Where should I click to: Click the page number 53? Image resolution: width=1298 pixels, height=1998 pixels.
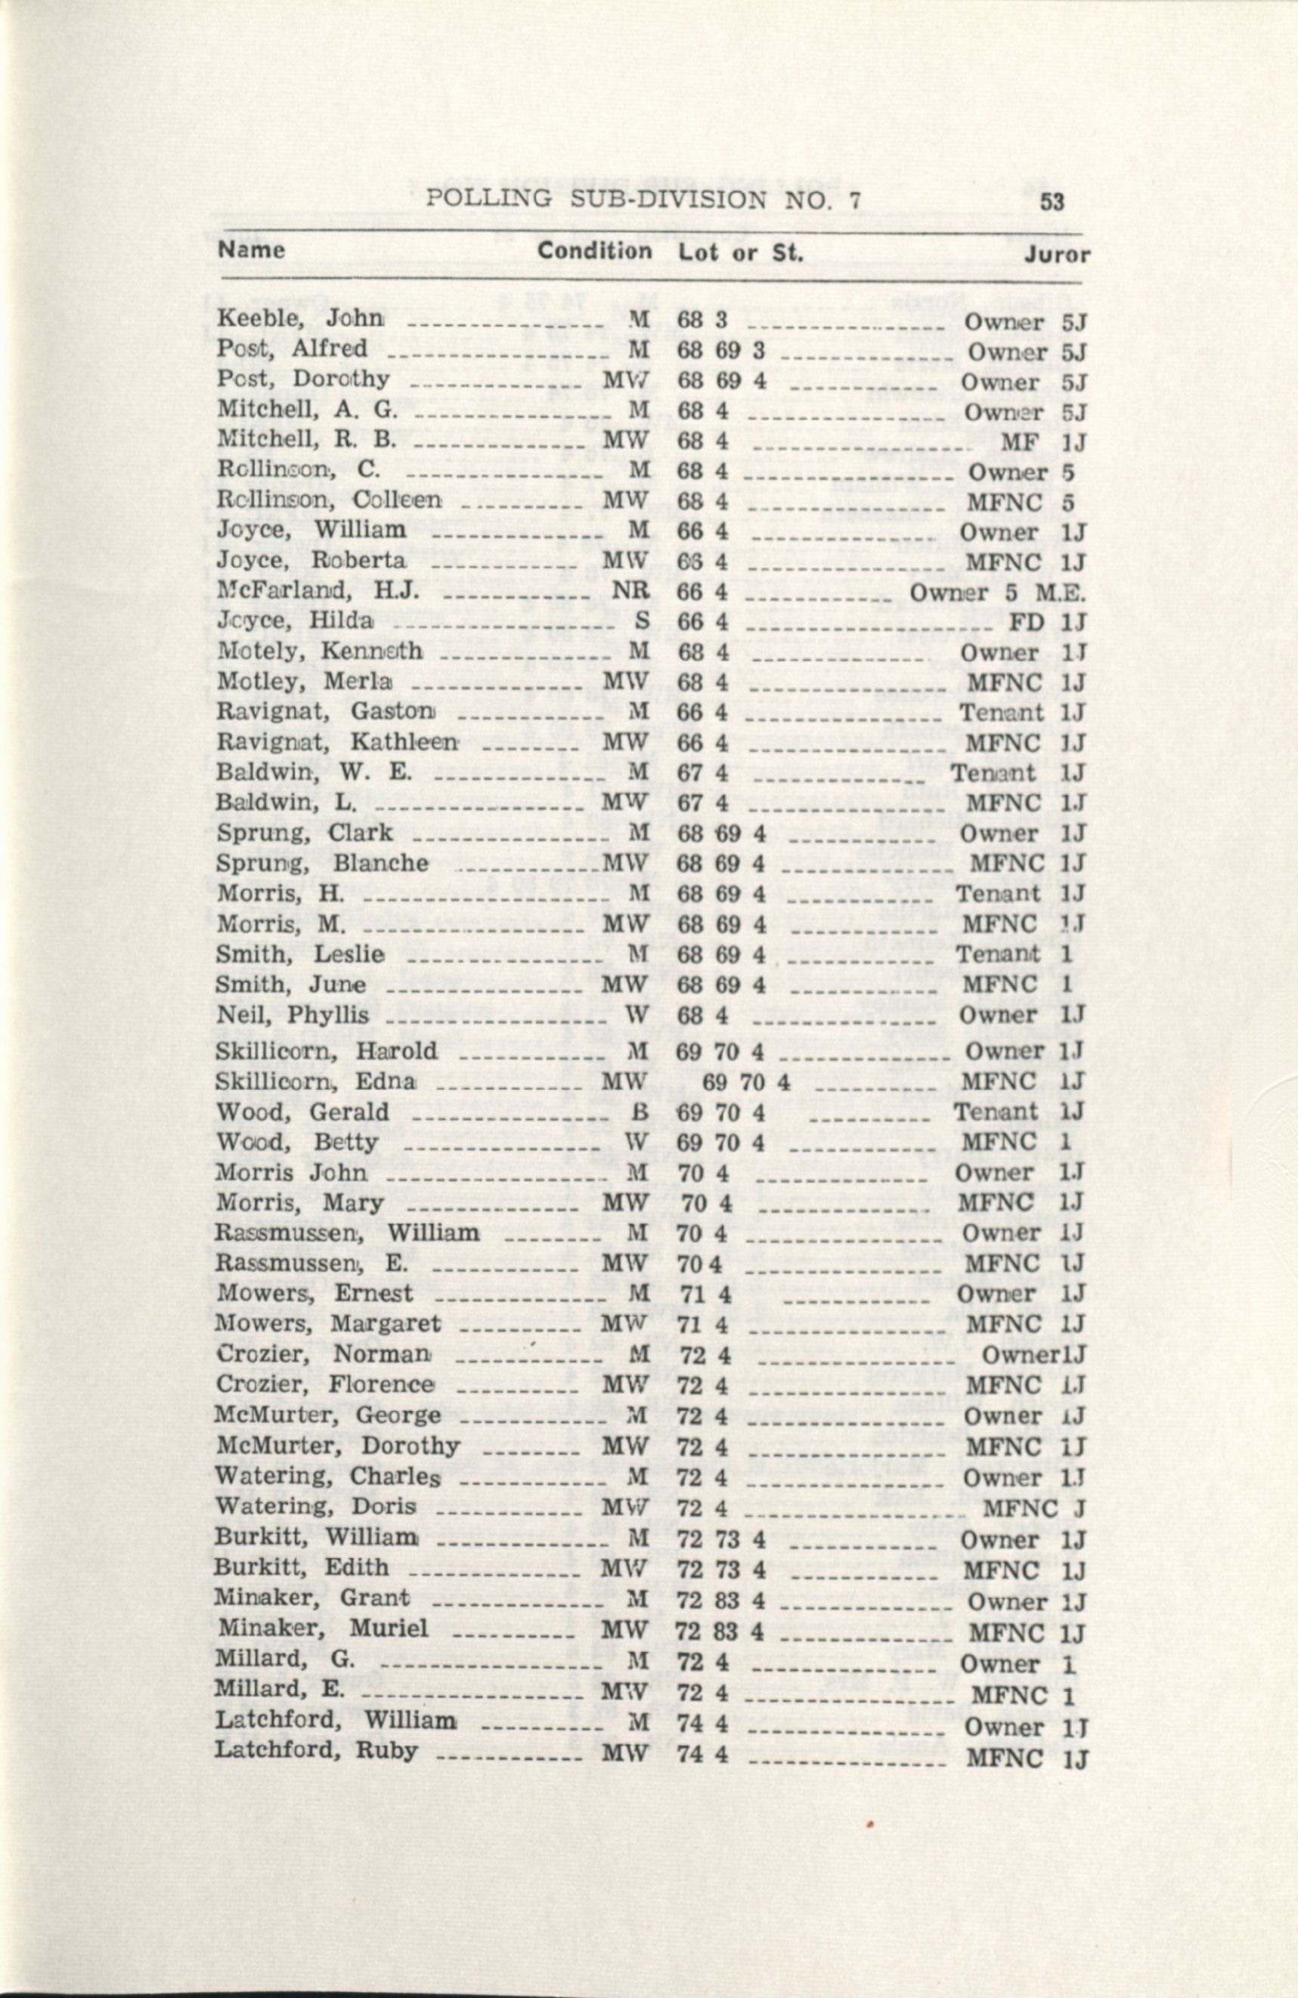[1052, 203]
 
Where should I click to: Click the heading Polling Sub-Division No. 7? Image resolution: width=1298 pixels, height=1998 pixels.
[644, 199]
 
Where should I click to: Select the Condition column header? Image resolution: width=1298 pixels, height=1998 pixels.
[594, 251]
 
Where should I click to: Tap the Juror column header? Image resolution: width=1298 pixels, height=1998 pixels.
[1056, 255]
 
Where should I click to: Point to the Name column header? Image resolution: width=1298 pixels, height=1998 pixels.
[251, 249]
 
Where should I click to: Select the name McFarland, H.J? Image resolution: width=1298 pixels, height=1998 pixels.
[318, 591]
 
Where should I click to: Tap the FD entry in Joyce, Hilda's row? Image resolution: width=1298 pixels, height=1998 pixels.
[1026, 622]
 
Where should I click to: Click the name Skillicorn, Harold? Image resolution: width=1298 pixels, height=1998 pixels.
[327, 1051]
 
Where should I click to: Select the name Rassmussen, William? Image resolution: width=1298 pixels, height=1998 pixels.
[347, 1233]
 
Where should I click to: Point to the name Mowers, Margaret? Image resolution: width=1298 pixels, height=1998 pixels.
[327, 1324]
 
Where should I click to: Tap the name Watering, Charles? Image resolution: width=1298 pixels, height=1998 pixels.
[328, 1475]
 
